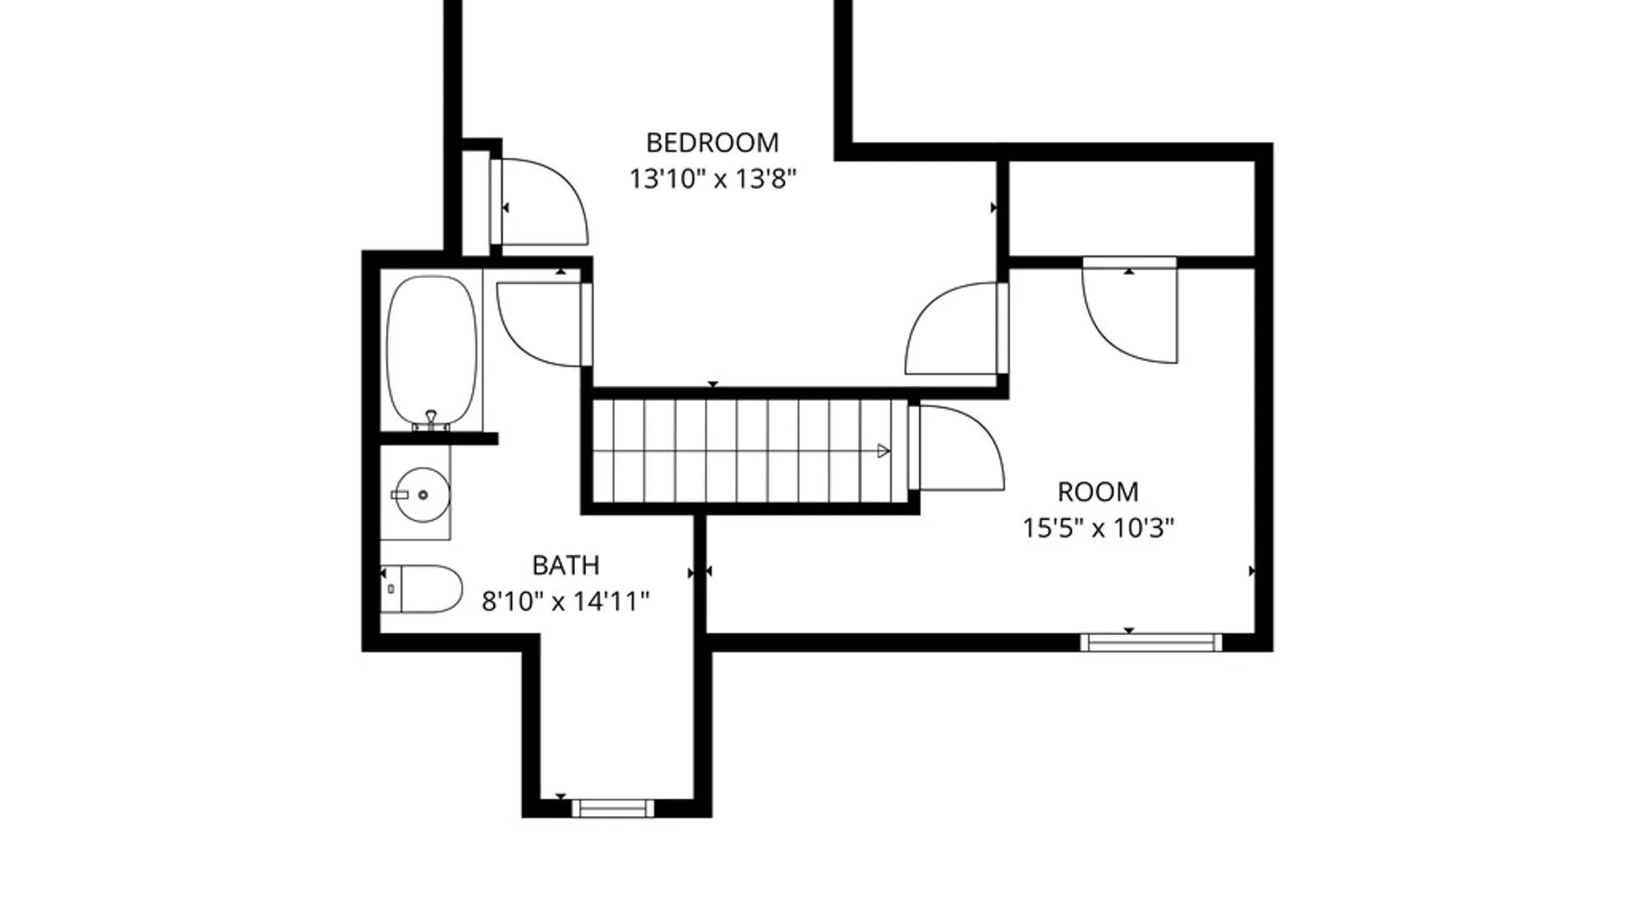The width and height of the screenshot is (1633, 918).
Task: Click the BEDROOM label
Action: pyautogui.click(x=712, y=142)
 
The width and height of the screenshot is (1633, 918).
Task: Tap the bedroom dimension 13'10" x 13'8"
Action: pyautogui.click(x=713, y=179)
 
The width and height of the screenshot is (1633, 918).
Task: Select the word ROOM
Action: pyautogui.click(x=1097, y=491)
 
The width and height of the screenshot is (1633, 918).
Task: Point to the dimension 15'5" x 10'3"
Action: pyautogui.click(x=1098, y=528)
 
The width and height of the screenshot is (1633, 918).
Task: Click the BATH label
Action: pyautogui.click(x=566, y=565)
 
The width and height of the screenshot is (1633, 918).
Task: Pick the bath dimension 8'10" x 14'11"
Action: pyautogui.click(x=566, y=602)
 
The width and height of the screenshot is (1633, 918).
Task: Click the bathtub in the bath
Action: pyautogui.click(x=431, y=350)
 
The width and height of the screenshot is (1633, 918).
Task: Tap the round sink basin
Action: pyautogui.click(x=423, y=494)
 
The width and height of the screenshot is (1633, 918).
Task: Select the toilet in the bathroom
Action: pyautogui.click(x=422, y=589)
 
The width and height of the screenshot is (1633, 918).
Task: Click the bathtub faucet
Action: pyautogui.click(x=431, y=420)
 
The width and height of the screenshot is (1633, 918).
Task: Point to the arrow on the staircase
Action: pyautogui.click(x=884, y=450)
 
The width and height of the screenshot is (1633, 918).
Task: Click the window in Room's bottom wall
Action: pyautogui.click(x=1151, y=643)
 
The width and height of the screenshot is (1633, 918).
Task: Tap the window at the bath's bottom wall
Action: pyautogui.click(x=612, y=808)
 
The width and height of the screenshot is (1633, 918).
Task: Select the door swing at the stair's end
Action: pyautogui.click(x=957, y=448)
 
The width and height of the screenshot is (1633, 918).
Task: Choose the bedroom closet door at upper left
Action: pyautogui.click(x=539, y=202)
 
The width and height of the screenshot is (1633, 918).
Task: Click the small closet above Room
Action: pyautogui.click(x=1131, y=207)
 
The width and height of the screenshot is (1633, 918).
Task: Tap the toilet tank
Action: pyautogui.click(x=390, y=589)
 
